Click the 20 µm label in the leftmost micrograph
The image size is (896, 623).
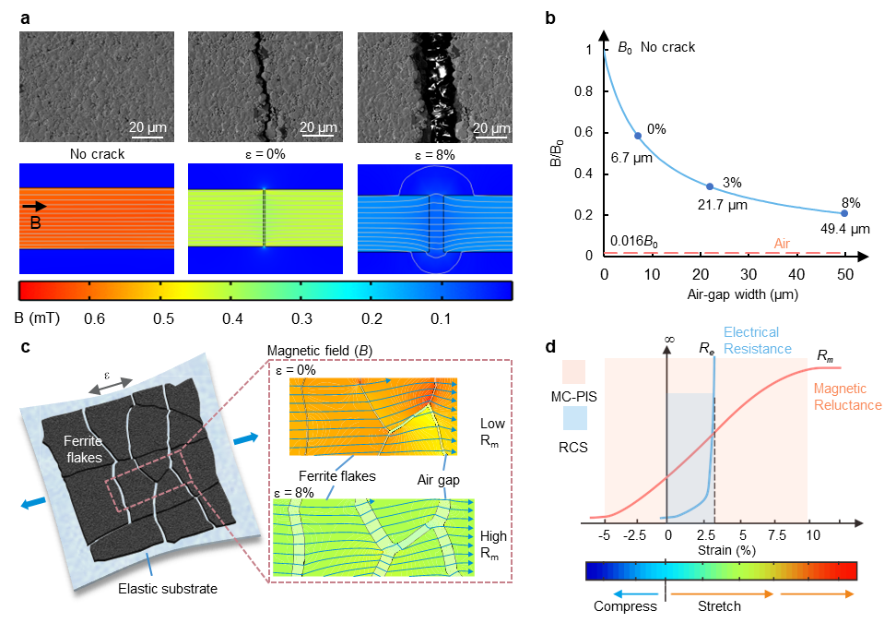pyautogui.click(x=147, y=126)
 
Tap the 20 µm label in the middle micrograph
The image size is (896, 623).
pyautogui.click(x=317, y=126)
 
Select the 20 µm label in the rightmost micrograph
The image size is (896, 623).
pyautogui.click(x=491, y=126)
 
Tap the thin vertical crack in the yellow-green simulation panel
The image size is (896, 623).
pyautogui.click(x=264, y=218)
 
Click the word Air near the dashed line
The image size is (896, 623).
pyautogui.click(x=782, y=245)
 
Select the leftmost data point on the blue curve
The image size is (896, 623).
pyautogui.click(x=637, y=136)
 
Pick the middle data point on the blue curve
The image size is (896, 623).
pyautogui.click(x=709, y=186)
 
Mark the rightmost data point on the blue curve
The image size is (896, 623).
pyautogui.click(x=843, y=213)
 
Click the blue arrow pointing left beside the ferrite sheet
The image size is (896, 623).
pyautogui.click(x=33, y=503)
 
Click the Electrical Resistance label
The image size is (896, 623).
pyautogui.click(x=757, y=340)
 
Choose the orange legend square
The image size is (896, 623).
pyautogui.click(x=573, y=371)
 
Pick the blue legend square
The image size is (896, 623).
pyautogui.click(x=573, y=418)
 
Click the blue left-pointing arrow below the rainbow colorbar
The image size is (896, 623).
pyautogui.click(x=636, y=595)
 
